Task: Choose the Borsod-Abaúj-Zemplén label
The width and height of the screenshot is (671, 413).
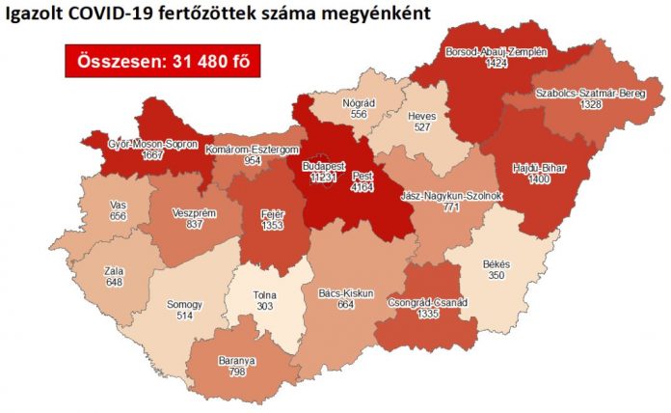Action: (x=496, y=52)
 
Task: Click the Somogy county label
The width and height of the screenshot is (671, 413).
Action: (x=183, y=303)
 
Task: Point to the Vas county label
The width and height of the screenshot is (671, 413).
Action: (x=93, y=206)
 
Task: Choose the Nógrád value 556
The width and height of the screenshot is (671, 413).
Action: (x=359, y=113)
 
